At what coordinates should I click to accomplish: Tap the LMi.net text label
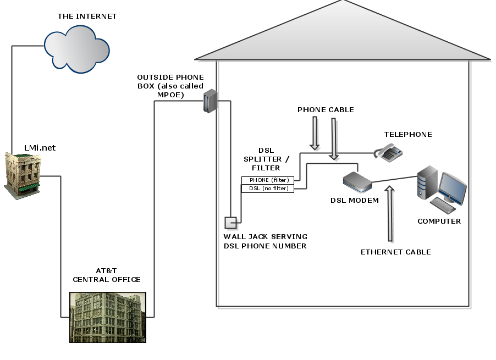pos(40,148)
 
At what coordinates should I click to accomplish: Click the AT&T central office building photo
pos(107,317)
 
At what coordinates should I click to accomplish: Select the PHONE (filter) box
pos(268,180)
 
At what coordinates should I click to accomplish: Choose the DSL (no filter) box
pos(268,189)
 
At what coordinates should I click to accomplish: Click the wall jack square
pos(230,223)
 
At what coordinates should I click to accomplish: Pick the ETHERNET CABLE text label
pos(395,252)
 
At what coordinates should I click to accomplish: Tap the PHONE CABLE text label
pos(326,109)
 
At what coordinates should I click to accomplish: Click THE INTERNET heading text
pos(87,16)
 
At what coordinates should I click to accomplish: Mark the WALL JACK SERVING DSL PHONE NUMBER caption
pos(265,241)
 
